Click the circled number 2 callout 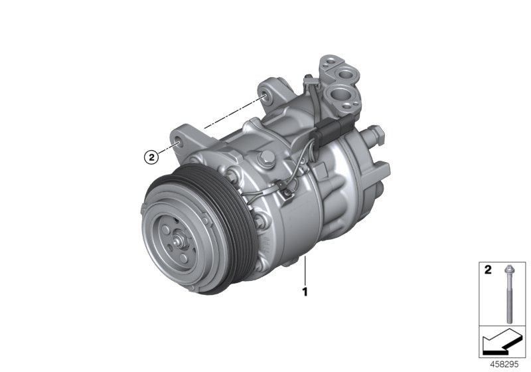tap(152, 157)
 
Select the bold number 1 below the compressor tap(305, 290)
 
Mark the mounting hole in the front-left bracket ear tap(177, 142)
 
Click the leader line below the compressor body tap(305, 272)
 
